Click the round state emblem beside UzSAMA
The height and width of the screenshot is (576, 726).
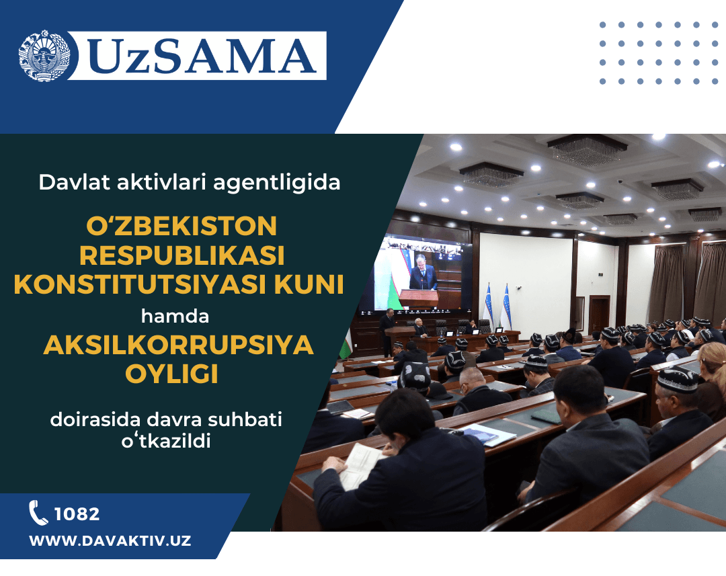click(x=44, y=56)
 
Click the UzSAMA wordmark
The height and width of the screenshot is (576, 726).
click(x=202, y=56)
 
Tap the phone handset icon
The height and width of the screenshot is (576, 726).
click(x=38, y=513)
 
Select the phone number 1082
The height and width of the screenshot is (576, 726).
click(x=77, y=514)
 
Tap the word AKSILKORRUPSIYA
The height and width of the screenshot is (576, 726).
click(x=179, y=345)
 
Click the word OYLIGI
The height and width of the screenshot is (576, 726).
click(x=179, y=374)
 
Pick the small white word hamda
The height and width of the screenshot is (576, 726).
click(x=179, y=315)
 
